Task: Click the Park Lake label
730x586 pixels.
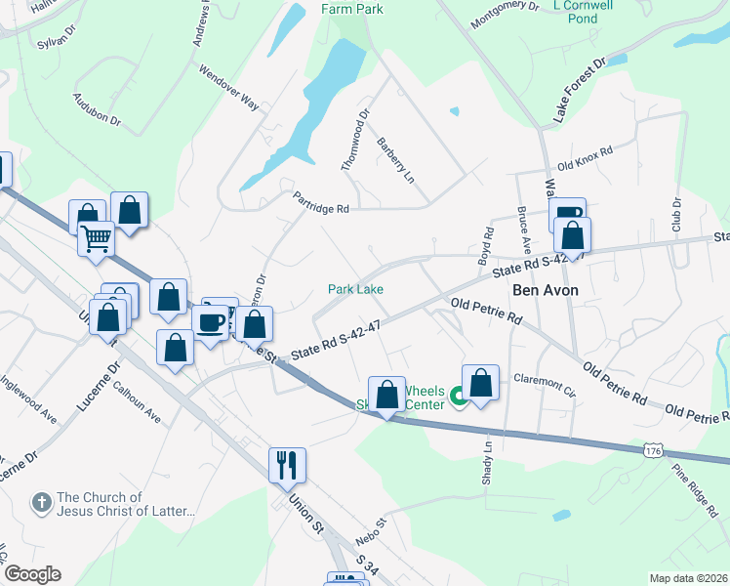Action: pyautogui.click(x=355, y=289)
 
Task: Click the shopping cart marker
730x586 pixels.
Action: pyautogui.click(x=97, y=237)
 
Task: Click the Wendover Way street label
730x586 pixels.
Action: pyautogui.click(x=228, y=88)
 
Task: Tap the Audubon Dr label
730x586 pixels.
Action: pyautogui.click(x=96, y=109)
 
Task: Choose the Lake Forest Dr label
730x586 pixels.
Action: pyautogui.click(x=580, y=89)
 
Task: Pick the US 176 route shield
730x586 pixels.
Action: pyautogui.click(x=655, y=449)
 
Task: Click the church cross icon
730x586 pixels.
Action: pyautogui.click(x=41, y=503)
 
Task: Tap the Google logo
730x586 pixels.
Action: pyautogui.click(x=31, y=574)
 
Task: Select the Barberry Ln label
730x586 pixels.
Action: pyautogui.click(x=395, y=159)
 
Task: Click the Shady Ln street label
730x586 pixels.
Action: pyautogui.click(x=487, y=452)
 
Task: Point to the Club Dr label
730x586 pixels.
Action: pyautogui.click(x=675, y=215)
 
